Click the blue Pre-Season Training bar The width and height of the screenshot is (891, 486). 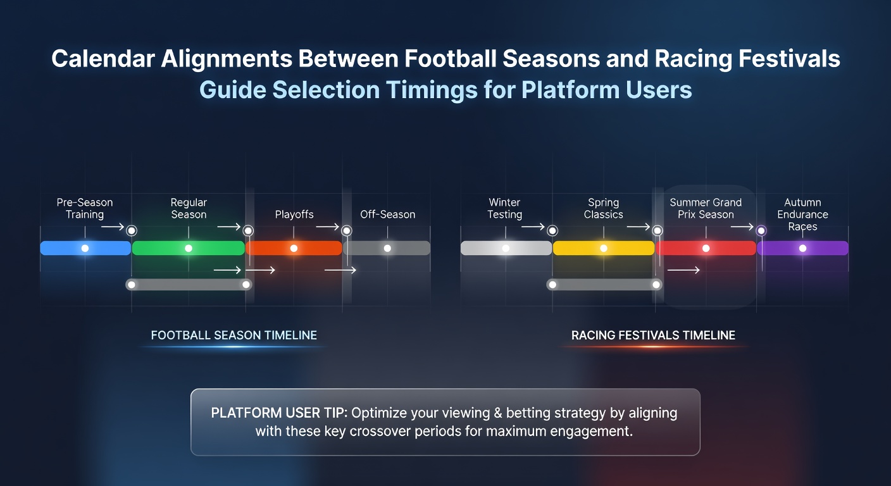85,248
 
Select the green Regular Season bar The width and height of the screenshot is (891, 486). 188,248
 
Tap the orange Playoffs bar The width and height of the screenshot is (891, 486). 294,248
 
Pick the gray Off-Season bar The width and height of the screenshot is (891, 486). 387,248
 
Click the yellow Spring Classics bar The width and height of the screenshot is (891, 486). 604,248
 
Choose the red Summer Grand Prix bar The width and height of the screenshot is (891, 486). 706,248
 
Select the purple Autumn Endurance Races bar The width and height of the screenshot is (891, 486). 802,248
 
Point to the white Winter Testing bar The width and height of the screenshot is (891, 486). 506,248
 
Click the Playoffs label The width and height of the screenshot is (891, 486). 294,215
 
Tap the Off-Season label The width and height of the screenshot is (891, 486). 387,215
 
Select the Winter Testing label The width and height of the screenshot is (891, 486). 505,208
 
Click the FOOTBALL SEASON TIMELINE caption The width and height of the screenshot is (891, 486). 234,335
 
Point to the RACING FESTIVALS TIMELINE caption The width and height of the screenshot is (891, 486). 653,335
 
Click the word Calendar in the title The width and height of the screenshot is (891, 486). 103,58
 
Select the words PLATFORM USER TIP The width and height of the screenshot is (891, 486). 279,413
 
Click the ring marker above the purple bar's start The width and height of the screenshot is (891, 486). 761,231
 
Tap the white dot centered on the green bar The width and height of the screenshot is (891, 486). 189,248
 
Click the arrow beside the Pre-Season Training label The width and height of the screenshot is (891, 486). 113,227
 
